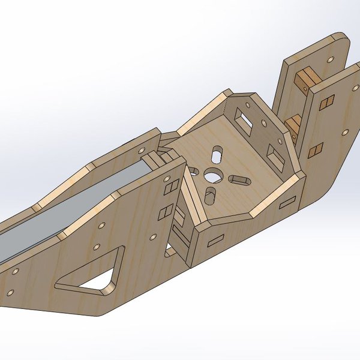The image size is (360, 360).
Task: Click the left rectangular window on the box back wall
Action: (244, 117)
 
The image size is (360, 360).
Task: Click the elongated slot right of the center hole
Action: (239, 179)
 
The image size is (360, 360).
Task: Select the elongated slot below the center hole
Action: (211, 197)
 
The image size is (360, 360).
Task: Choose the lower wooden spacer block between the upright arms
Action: (293, 124)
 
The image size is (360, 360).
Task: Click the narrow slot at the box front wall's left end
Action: (214, 240)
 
